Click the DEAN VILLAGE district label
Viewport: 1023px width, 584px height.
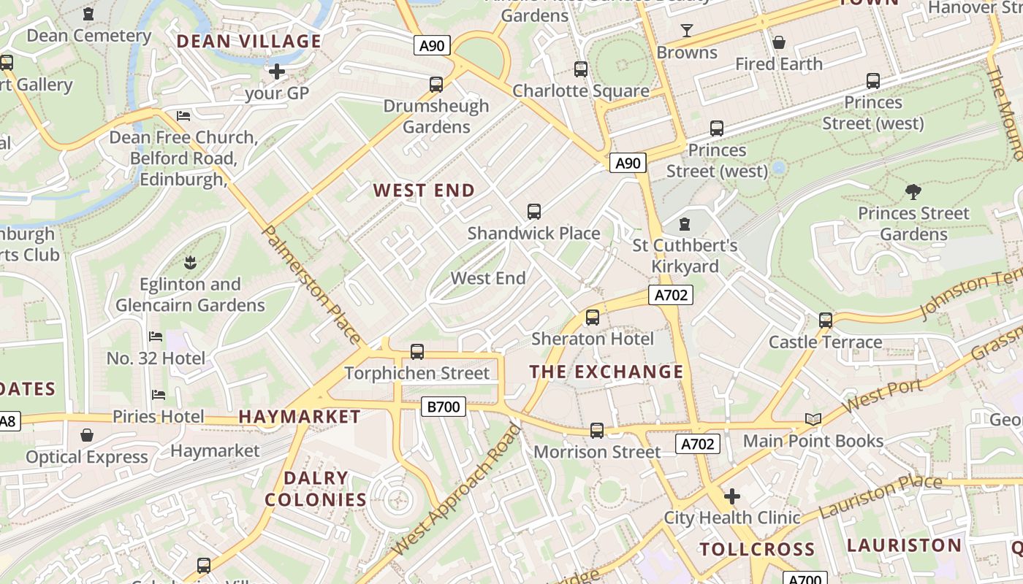pos(249,42)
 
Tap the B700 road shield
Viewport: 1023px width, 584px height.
pos(443,407)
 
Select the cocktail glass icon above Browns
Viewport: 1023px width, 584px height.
pos(686,31)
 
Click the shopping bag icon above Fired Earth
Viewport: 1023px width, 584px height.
pos(779,42)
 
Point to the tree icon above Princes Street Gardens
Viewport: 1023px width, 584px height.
pos(913,192)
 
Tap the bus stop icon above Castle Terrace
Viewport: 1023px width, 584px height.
pos(826,320)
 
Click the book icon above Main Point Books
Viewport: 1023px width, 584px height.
pos(813,419)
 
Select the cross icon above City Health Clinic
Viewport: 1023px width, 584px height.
pos(731,496)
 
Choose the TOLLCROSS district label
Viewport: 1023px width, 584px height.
pos(757,549)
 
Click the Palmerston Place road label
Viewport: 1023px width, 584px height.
pos(311,285)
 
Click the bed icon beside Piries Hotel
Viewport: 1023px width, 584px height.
pos(158,395)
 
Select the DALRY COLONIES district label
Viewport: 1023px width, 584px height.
pos(316,489)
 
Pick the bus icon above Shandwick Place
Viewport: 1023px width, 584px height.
pos(534,212)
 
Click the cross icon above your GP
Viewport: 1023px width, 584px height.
pos(277,72)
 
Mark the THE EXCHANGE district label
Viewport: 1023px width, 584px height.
pos(606,372)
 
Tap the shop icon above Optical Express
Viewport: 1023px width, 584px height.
pos(87,435)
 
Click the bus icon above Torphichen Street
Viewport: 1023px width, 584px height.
pos(417,352)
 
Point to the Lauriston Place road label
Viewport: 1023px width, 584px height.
pos(880,496)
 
